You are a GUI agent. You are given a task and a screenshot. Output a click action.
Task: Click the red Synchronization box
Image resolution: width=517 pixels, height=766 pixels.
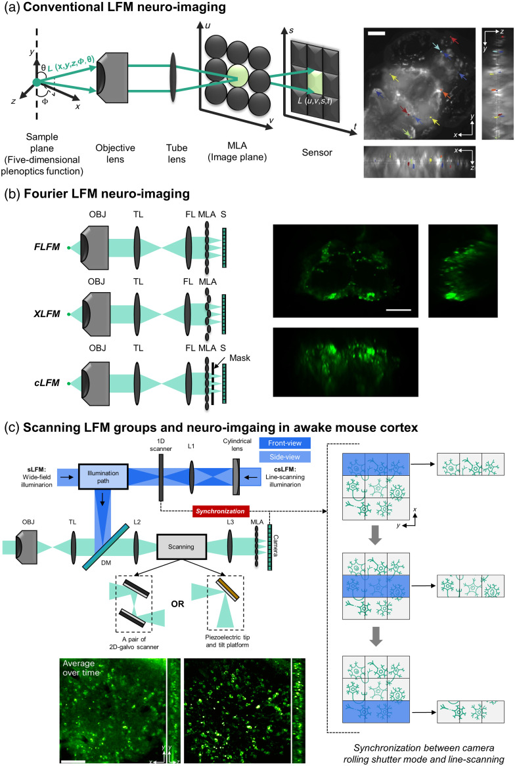click(x=220, y=511)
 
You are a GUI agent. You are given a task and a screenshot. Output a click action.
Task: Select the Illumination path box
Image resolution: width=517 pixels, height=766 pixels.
click(x=102, y=477)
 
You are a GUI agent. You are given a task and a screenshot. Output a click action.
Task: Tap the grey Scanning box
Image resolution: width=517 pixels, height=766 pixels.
click(x=181, y=547)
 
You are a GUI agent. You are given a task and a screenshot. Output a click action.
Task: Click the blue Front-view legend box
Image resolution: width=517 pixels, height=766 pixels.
click(x=284, y=443)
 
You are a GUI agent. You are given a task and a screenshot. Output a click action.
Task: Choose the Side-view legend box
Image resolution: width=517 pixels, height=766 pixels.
click(x=284, y=457)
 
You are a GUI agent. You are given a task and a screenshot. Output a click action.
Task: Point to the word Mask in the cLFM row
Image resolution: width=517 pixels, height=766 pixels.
click(x=240, y=358)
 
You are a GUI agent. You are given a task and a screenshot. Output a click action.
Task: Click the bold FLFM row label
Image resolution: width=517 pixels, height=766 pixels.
click(x=47, y=247)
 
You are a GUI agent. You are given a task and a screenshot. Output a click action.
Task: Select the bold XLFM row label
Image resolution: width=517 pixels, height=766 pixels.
click(x=47, y=314)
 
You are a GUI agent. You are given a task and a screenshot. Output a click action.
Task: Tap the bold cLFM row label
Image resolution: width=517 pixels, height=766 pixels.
click(x=47, y=383)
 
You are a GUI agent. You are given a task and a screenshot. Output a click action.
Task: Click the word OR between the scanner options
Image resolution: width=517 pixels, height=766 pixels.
click(x=177, y=604)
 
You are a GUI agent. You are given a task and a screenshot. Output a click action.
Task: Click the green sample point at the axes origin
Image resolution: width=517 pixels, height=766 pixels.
click(x=37, y=83)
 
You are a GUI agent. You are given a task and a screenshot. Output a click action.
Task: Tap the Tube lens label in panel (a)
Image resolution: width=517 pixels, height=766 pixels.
click(x=177, y=154)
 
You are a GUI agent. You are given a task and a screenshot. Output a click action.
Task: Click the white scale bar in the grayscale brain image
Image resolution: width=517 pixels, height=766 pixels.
click(x=376, y=33)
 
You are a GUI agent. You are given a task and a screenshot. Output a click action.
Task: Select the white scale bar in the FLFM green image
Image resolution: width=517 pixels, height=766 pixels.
click(x=399, y=309)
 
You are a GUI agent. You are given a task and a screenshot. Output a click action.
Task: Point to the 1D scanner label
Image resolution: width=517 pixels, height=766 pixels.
click(x=161, y=445)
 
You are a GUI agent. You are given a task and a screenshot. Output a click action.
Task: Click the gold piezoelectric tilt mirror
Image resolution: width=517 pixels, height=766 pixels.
click(x=227, y=589)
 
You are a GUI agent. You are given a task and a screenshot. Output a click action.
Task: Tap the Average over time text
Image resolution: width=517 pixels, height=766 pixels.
click(x=81, y=668)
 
